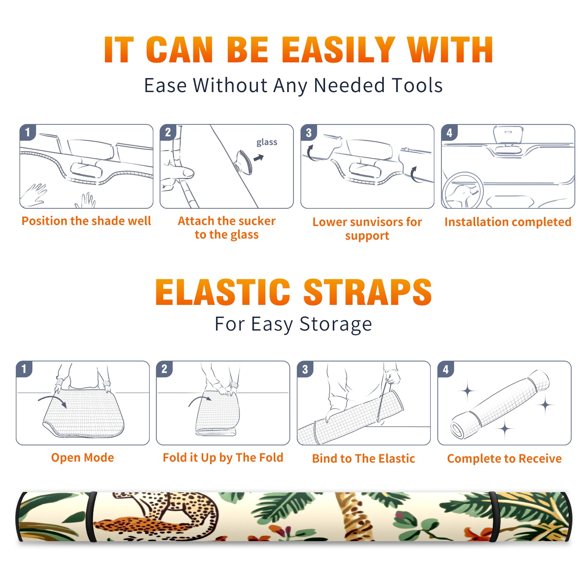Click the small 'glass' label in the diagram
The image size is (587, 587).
point(267,142)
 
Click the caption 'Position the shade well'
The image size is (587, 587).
point(86,221)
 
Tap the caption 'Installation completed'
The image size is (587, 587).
point(508,222)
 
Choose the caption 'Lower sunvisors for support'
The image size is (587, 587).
point(367,228)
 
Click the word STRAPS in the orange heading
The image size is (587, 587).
point(368,292)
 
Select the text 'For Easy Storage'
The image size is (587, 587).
point(293,324)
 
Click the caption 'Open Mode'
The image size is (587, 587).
point(83,457)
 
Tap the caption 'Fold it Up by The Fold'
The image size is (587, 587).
point(223,457)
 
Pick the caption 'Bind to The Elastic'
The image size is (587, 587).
point(364,459)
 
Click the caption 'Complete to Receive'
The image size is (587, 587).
point(504,459)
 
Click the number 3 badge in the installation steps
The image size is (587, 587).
point(309,132)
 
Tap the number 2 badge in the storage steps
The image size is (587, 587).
point(164,369)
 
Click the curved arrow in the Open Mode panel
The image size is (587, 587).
point(52,398)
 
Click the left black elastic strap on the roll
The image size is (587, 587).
point(91,517)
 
